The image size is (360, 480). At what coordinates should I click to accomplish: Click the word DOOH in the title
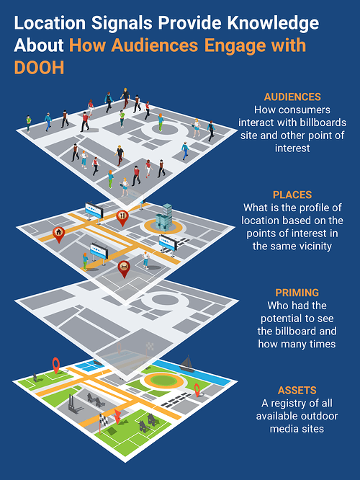tap(39, 68)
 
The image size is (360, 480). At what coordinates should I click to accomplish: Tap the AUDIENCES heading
tap(292, 97)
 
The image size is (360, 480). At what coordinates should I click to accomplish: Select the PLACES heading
tap(292, 195)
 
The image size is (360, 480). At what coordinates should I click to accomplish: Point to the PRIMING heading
tap(297, 293)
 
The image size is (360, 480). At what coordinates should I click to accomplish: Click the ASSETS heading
tap(297, 391)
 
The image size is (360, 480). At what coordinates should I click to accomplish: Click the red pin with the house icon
tap(59, 234)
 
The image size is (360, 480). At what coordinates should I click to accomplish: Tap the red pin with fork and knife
tap(122, 218)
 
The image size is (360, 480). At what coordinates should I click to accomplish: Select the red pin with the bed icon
tap(124, 269)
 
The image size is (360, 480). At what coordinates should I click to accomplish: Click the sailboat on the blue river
tap(187, 364)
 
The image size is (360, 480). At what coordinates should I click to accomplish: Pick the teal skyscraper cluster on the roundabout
tap(164, 217)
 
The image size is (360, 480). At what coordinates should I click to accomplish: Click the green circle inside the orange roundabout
tap(163, 381)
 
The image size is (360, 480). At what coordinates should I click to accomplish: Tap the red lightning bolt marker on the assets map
tap(117, 417)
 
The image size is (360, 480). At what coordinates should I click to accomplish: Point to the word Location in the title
tap(50, 24)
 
